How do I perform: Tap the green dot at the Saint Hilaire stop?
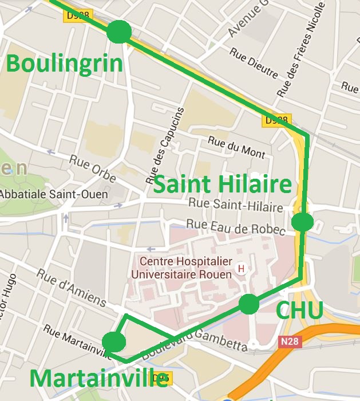pyautogui.click(x=302, y=222)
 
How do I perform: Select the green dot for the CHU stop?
pyautogui.click(x=248, y=304)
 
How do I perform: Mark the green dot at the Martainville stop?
pyautogui.click(x=114, y=342)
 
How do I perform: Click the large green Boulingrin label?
pyautogui.click(x=64, y=64)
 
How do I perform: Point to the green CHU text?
pyautogui.click(x=299, y=310)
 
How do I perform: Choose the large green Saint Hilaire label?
pyautogui.click(x=223, y=185)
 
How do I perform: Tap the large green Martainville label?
pyautogui.click(x=98, y=379)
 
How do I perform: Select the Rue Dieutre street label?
pyautogui.click(x=254, y=63)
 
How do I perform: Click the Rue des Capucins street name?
pyautogui.click(x=167, y=141)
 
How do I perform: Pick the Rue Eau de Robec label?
pyautogui.click(x=236, y=226)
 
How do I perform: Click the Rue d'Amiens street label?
pyautogui.click(x=72, y=286)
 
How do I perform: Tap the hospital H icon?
pyautogui.click(x=241, y=268)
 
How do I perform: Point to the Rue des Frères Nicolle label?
pyautogui.click(x=301, y=49)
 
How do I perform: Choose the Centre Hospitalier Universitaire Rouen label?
pyautogui.click(x=181, y=268)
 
